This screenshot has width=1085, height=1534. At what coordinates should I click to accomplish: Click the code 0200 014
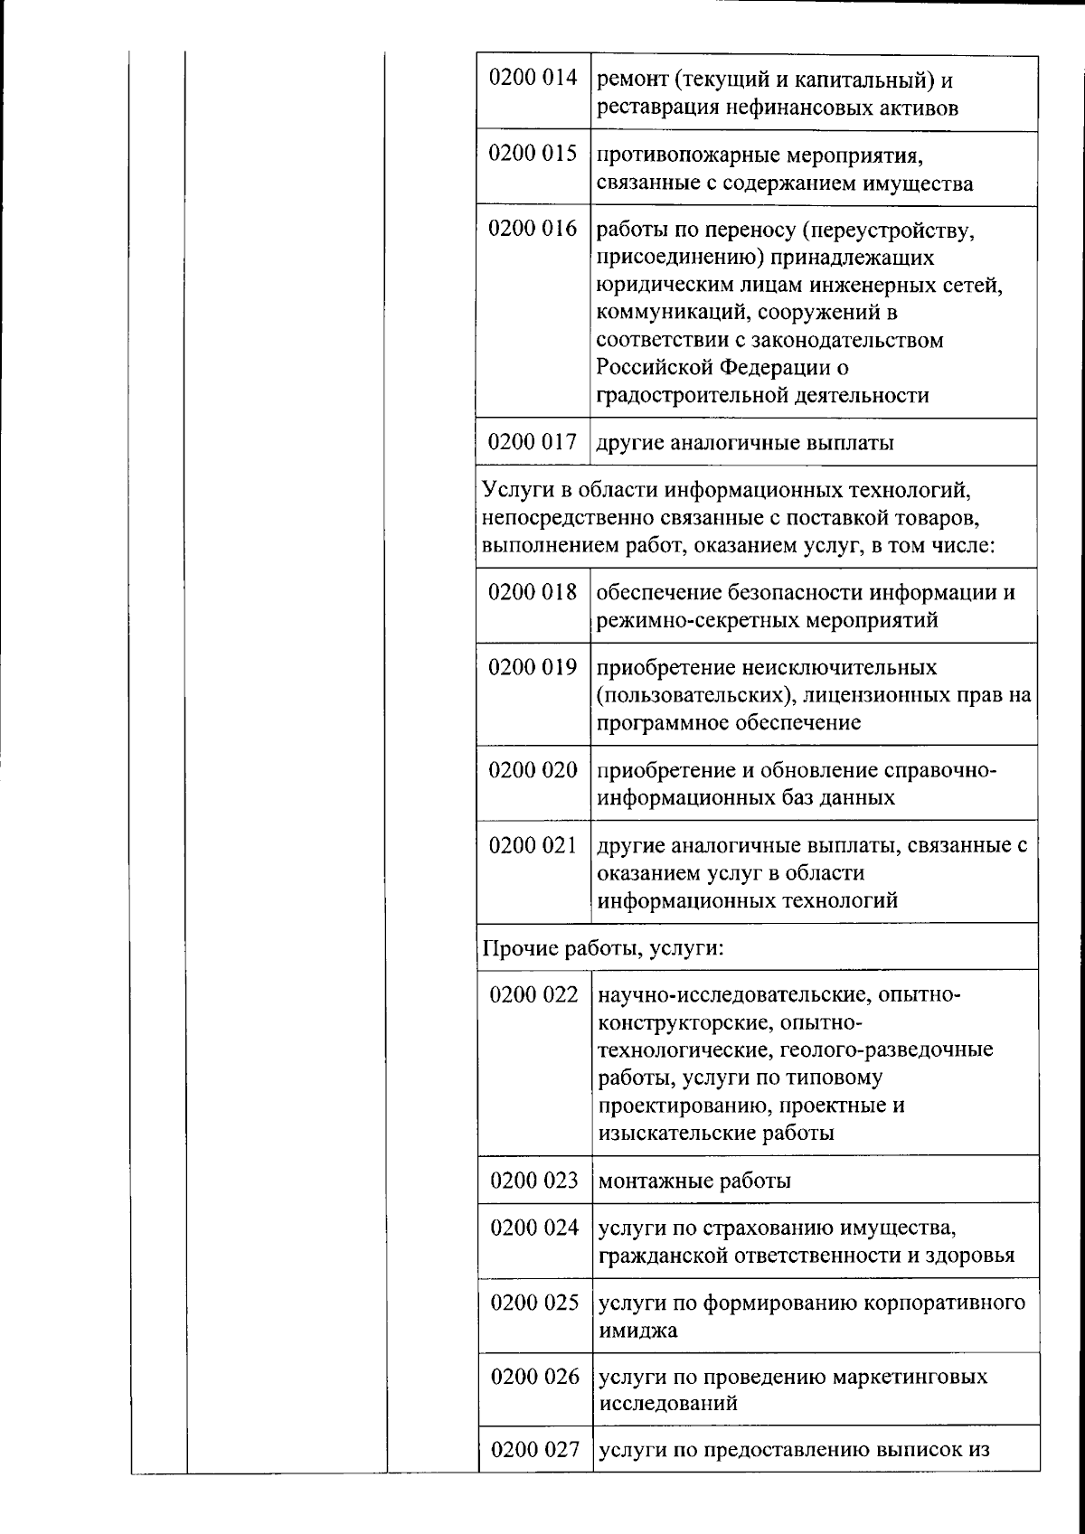tap(533, 78)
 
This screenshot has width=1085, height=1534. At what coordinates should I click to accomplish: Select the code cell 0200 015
tap(533, 154)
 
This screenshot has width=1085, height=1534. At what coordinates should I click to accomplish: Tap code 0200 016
tap(533, 229)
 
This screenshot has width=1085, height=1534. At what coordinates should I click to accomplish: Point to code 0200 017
tap(533, 442)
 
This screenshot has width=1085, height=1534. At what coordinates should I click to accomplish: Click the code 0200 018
tap(533, 592)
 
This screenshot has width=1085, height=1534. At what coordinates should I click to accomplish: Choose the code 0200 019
tap(533, 667)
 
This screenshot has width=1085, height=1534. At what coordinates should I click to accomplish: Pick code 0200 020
tap(533, 770)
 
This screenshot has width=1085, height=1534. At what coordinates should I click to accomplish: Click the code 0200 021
tap(533, 845)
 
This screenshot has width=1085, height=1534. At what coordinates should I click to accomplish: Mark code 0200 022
tap(533, 995)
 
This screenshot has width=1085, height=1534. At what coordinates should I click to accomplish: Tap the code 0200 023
tap(533, 1181)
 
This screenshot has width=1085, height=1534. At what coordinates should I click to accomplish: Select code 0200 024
tap(534, 1228)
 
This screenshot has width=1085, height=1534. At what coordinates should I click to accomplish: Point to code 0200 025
tap(534, 1303)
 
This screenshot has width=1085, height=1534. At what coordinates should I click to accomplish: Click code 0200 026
tap(534, 1377)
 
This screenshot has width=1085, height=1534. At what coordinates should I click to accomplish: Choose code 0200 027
tap(534, 1450)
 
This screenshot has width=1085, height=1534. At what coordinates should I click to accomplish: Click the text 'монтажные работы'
tap(694, 1181)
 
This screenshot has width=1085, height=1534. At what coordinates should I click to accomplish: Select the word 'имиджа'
tap(637, 1331)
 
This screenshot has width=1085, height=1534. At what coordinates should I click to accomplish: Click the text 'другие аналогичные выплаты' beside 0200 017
tap(745, 443)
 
